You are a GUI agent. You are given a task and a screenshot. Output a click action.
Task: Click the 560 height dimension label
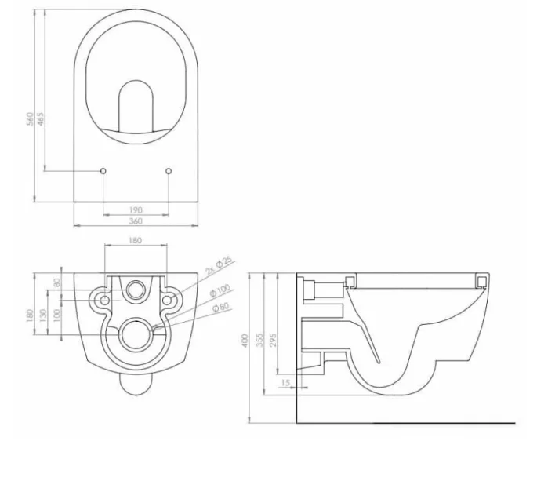30,118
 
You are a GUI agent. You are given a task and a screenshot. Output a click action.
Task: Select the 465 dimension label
41,118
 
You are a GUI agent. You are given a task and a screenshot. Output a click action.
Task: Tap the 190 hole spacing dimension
136,210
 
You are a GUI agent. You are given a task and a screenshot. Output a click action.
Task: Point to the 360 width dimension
136,221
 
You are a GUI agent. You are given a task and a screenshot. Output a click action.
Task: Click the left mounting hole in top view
103,169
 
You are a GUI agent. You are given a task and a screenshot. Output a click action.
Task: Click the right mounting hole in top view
169,169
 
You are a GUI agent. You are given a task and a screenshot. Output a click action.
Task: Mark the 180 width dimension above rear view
136,240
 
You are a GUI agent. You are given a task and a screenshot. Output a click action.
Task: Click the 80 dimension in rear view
56,282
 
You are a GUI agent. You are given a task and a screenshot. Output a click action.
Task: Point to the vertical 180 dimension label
30,314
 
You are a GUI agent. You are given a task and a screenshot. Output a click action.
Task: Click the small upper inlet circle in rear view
136,291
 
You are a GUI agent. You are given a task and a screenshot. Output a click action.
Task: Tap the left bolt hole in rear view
101,299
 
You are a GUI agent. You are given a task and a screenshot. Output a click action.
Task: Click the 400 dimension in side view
245,342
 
